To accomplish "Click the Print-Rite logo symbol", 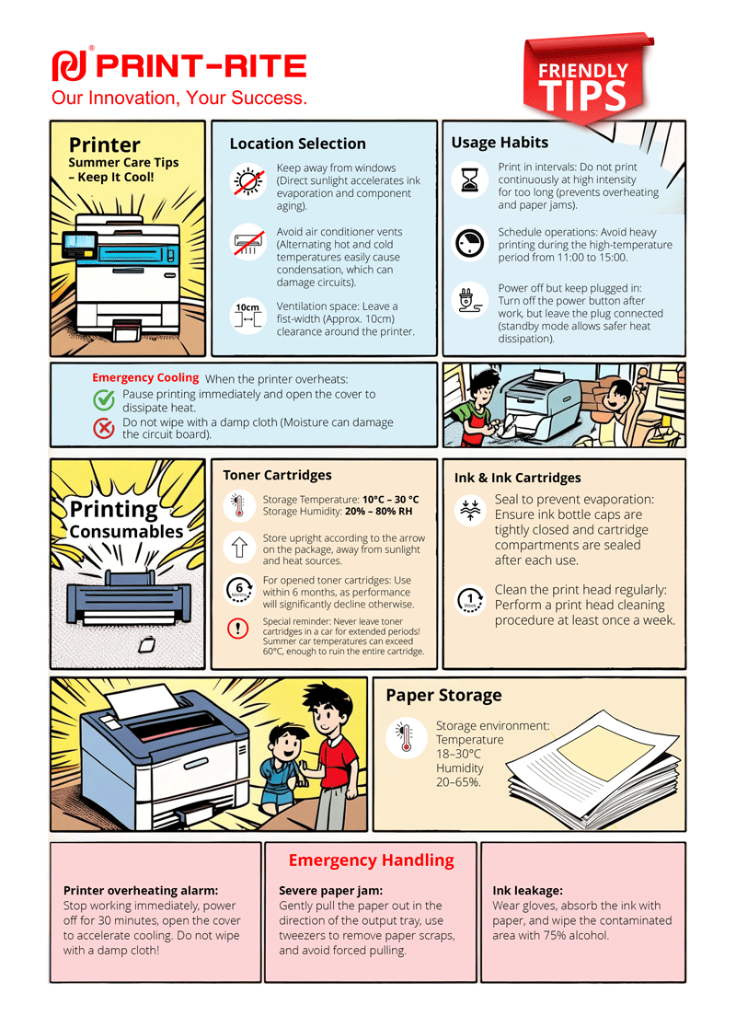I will coord(69,65).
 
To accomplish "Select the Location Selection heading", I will coord(297,144).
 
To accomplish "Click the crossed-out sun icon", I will coord(247,180).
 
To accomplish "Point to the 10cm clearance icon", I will coord(247,316).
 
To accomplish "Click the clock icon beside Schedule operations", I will coord(470,243).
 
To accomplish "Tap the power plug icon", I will coord(470,301).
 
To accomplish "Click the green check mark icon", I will coord(104,399).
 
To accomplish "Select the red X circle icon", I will coord(104,427).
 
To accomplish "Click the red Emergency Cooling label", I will coord(145,378).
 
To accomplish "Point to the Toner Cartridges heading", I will coord(277,475).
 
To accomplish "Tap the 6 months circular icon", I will coord(240,589).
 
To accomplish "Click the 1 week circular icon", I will coord(470,600).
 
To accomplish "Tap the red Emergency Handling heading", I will coord(371,860).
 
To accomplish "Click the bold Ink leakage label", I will coord(527,891).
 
